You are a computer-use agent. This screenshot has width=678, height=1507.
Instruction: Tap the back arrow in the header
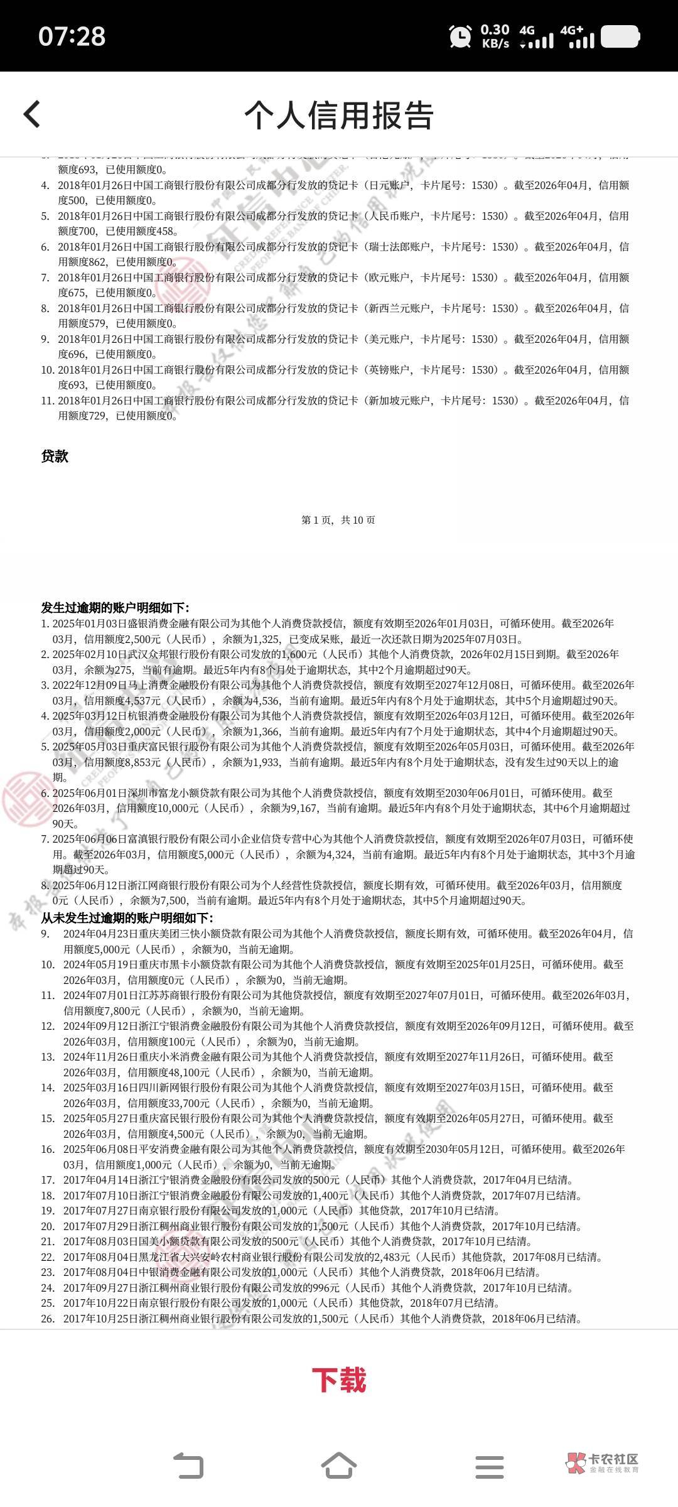(32, 115)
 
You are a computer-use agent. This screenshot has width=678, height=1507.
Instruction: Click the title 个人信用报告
(339, 116)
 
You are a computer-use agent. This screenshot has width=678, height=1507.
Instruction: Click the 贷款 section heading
(55, 456)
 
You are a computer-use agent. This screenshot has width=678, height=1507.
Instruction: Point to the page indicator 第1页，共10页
(338, 520)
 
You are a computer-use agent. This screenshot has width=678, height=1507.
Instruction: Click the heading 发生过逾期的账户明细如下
(115, 608)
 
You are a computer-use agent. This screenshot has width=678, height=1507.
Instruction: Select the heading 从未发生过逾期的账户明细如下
(127, 917)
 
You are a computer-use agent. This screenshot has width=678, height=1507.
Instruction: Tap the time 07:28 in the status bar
(72, 36)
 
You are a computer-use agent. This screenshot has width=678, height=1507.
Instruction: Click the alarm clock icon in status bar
(461, 36)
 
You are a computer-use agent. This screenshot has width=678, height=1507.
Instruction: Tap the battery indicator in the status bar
(620, 36)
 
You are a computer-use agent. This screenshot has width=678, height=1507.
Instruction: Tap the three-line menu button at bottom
(490, 1467)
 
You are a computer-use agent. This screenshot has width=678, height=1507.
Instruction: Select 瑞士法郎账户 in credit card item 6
(399, 247)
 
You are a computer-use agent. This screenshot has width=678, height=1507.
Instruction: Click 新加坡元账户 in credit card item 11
(399, 401)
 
